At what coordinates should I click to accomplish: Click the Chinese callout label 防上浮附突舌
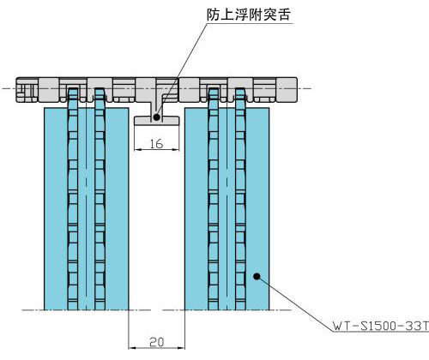[x=249, y=15]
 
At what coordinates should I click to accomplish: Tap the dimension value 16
[x=156, y=144]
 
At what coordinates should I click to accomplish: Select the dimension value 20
[x=156, y=342]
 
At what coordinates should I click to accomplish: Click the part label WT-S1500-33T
[x=381, y=326]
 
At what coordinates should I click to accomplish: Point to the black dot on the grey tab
[x=156, y=117]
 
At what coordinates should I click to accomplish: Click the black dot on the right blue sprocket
[x=257, y=276]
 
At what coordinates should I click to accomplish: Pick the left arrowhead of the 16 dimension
[x=139, y=149]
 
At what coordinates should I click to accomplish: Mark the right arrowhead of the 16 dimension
[x=175, y=149]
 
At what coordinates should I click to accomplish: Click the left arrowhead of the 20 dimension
[x=132, y=348]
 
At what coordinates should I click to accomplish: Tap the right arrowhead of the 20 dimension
[x=181, y=348]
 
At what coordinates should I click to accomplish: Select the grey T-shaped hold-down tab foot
[x=157, y=120]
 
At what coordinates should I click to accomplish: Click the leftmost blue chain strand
[x=73, y=199]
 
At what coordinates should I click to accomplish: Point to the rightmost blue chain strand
[x=240, y=199]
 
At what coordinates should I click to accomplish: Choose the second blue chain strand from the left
[x=100, y=199]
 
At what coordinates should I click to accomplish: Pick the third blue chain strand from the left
[x=214, y=199]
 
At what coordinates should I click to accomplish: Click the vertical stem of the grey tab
[x=156, y=109]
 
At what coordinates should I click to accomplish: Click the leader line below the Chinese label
[x=181, y=70]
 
